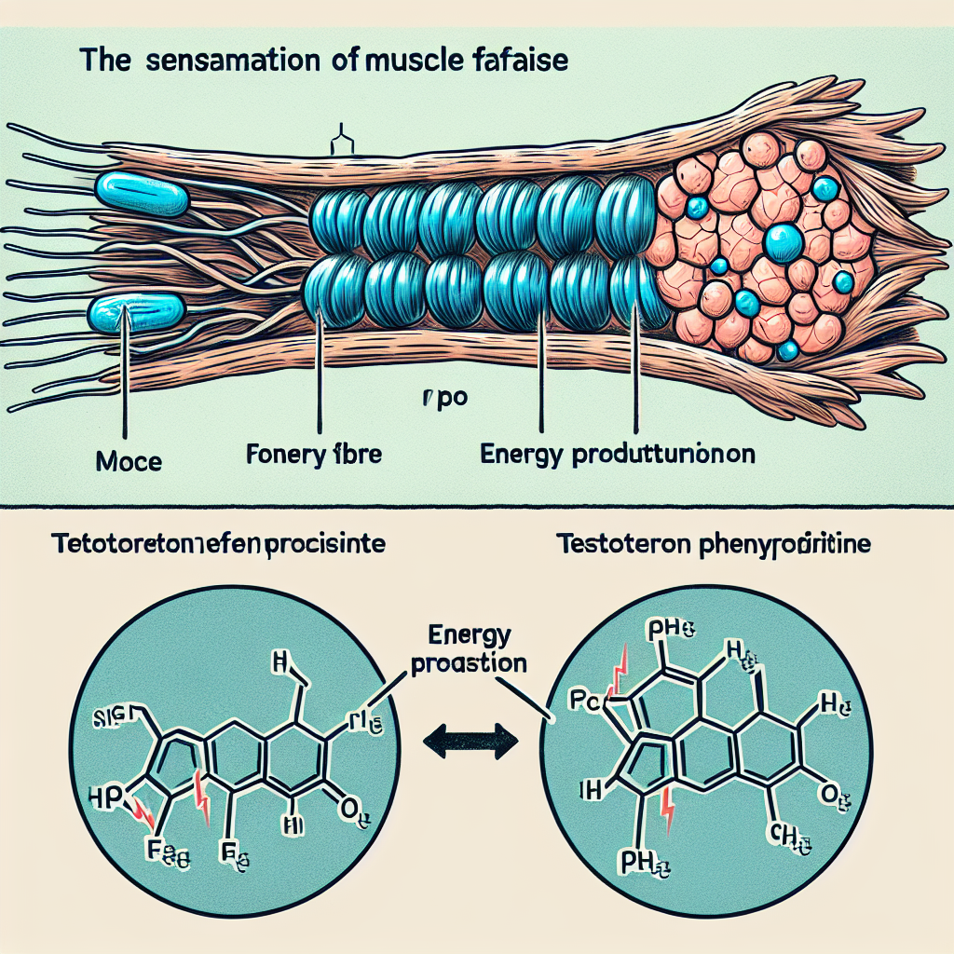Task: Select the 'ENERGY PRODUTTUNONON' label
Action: coord(617,457)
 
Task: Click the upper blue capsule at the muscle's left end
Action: coord(143,189)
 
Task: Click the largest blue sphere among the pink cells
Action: coord(784,243)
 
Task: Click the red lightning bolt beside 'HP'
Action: coord(142,812)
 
